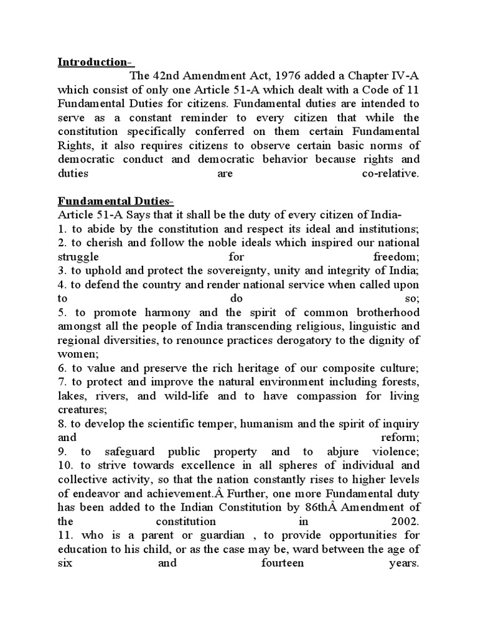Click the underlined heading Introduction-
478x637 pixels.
click(95, 62)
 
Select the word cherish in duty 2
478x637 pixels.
click(100, 243)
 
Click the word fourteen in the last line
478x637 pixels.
click(283, 563)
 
